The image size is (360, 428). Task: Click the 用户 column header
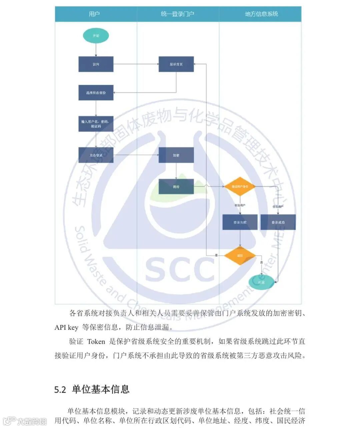click(x=94, y=14)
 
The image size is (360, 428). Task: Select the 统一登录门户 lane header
click(x=177, y=14)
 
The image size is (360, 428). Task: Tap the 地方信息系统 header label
click(x=261, y=14)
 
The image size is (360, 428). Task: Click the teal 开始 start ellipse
click(x=96, y=36)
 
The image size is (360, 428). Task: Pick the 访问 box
click(x=96, y=64)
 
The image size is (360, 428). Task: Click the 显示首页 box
click(x=176, y=64)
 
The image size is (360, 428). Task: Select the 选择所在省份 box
click(x=96, y=93)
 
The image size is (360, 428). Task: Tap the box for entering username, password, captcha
click(x=96, y=124)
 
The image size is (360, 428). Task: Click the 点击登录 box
click(x=96, y=155)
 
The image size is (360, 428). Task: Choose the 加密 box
click(x=176, y=155)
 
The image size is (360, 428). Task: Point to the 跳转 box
click(x=176, y=187)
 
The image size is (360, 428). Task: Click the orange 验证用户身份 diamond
click(x=240, y=186)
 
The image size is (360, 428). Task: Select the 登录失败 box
click(x=240, y=222)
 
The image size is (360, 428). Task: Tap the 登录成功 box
click(x=278, y=222)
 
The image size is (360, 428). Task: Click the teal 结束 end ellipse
click(x=261, y=282)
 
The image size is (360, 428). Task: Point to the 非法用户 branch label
click(x=240, y=205)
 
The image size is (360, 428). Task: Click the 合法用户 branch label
click(x=278, y=207)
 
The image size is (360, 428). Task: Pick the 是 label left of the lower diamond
click(x=216, y=255)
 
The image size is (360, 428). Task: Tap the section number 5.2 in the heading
click(x=60, y=389)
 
